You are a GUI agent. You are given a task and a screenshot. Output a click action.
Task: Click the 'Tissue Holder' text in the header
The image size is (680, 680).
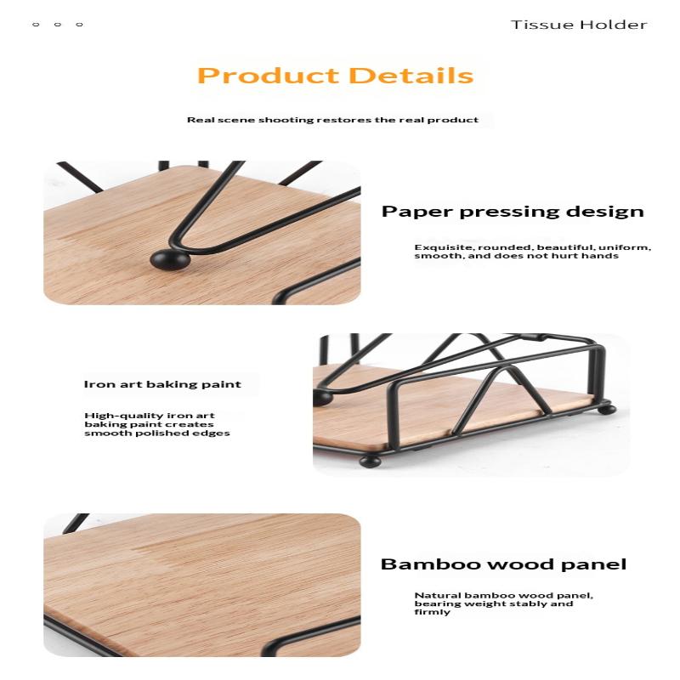point(579,25)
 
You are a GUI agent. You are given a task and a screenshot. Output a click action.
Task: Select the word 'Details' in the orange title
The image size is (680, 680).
point(411,76)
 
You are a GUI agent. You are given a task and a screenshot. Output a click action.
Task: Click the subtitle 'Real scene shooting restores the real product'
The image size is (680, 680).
point(332,120)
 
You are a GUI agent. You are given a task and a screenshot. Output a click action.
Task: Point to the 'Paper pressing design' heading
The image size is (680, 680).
point(513,212)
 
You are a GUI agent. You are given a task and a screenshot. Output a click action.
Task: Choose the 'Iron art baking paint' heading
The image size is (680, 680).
point(162,384)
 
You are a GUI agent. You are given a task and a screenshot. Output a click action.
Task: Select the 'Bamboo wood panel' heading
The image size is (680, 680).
point(503,564)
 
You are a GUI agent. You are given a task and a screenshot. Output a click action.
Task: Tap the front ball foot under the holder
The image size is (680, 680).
point(370,462)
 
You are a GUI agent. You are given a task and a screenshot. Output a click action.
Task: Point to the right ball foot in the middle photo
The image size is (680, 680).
point(607,409)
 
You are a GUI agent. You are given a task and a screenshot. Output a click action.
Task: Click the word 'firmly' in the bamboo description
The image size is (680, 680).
point(433,612)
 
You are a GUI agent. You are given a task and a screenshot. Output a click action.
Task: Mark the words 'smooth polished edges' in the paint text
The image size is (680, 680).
point(157,433)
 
